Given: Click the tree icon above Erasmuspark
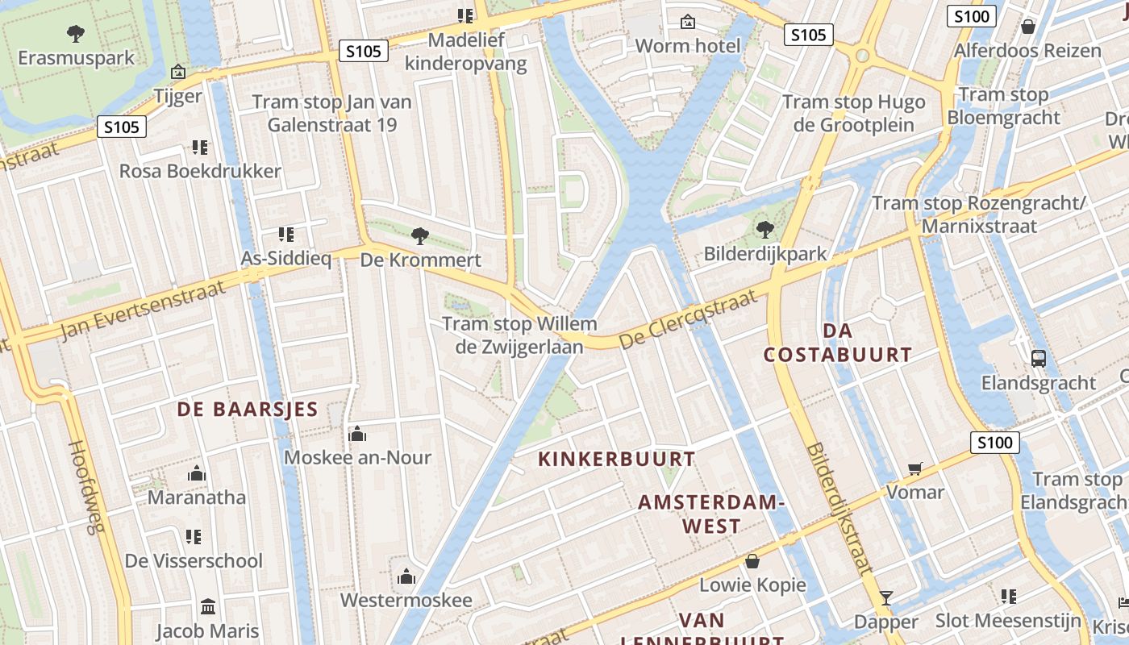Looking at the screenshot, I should tap(76, 33).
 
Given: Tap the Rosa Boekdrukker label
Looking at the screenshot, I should tap(200, 171).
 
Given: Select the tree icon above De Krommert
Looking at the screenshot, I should tap(419, 235).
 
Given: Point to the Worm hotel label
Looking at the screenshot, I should tap(687, 45).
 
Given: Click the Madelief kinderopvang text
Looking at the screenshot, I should tap(466, 52).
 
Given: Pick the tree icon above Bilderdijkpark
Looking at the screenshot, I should tap(764, 230).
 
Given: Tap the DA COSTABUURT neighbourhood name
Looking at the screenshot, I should tap(838, 343).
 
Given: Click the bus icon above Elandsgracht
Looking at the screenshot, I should tap(1039, 359).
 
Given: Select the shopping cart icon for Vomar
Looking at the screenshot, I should tap(915, 468).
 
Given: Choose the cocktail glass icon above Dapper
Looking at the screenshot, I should tap(886, 597).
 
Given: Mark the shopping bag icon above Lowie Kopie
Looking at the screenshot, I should tap(752, 560).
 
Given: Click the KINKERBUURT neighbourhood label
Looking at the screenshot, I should tap(616, 460).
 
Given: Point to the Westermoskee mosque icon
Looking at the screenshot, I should tap(406, 576).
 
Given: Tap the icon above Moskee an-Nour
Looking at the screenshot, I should tap(357, 435).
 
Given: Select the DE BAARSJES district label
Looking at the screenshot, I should tap(248, 410).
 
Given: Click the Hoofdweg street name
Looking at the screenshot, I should tap(87, 487).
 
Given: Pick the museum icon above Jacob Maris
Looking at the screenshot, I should tap(208, 606).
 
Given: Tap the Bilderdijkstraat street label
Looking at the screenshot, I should tap(839, 508).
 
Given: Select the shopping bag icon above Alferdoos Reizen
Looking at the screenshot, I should tap(1028, 27).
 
